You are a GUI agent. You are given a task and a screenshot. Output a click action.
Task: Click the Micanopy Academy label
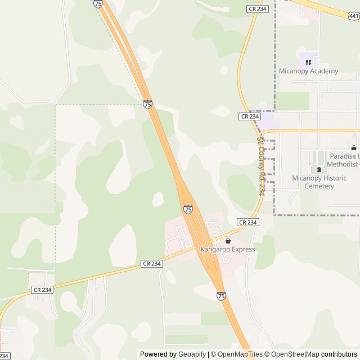tap(309, 71)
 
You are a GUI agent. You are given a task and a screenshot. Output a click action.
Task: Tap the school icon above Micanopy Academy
tap(308, 62)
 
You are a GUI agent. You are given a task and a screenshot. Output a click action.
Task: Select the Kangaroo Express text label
tap(228, 249)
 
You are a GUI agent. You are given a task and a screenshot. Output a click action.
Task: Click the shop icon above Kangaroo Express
tap(228, 241)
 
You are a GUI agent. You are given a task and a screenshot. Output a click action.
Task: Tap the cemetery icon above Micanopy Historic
tap(319, 170)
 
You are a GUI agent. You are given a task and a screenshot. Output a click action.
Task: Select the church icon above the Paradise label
tap(353, 148)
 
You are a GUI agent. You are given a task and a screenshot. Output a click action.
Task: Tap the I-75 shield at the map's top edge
tap(98, 3)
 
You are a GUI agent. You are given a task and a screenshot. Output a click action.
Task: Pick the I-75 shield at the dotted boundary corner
tap(147, 105)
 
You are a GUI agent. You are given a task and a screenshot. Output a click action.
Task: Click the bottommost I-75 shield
tap(220, 295)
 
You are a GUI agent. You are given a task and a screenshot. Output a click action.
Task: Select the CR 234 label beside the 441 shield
tap(258, 9)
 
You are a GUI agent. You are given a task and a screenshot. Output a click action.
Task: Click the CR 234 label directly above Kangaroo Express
tap(247, 222)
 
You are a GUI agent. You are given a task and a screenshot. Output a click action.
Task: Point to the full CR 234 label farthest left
tap(42, 290)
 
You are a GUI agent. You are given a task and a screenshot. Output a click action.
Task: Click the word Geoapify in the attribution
tap(192, 354)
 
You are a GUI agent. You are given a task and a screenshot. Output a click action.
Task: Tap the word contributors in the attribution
tap(340, 354)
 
